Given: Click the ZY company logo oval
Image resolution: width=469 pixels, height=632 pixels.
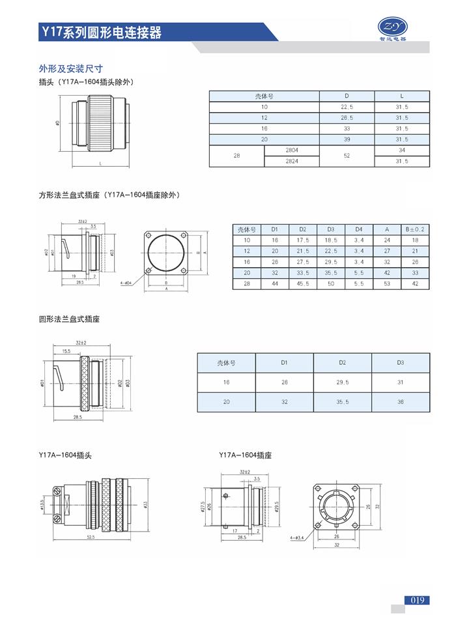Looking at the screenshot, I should (x=393, y=25).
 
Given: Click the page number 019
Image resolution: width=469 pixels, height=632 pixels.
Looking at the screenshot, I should (x=418, y=600).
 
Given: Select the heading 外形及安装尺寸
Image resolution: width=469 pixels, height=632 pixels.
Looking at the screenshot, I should (x=71, y=68).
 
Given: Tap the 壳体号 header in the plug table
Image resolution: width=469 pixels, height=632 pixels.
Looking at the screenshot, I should (x=264, y=96).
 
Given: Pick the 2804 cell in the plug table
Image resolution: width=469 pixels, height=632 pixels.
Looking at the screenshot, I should (x=292, y=151).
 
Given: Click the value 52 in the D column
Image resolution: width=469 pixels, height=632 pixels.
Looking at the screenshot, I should (x=347, y=156).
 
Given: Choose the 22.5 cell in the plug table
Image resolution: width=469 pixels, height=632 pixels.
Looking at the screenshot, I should (x=347, y=107).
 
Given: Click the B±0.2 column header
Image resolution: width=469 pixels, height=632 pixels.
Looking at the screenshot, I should (x=415, y=229).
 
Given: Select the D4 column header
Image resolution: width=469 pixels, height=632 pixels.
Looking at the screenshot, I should (x=359, y=229).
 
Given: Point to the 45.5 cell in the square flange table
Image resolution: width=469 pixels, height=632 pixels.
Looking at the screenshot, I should (x=303, y=283).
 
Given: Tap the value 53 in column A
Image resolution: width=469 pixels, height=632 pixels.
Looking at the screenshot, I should (x=387, y=283).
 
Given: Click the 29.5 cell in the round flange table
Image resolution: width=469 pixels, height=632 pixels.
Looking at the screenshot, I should (x=343, y=382).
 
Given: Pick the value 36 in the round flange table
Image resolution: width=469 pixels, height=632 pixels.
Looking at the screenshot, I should (x=400, y=402).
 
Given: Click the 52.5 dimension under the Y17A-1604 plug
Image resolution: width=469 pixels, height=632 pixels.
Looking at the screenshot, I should (x=90, y=536).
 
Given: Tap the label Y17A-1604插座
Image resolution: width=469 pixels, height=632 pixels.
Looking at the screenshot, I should (x=245, y=455).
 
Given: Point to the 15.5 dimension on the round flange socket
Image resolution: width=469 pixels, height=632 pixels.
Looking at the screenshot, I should (x=66, y=351).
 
